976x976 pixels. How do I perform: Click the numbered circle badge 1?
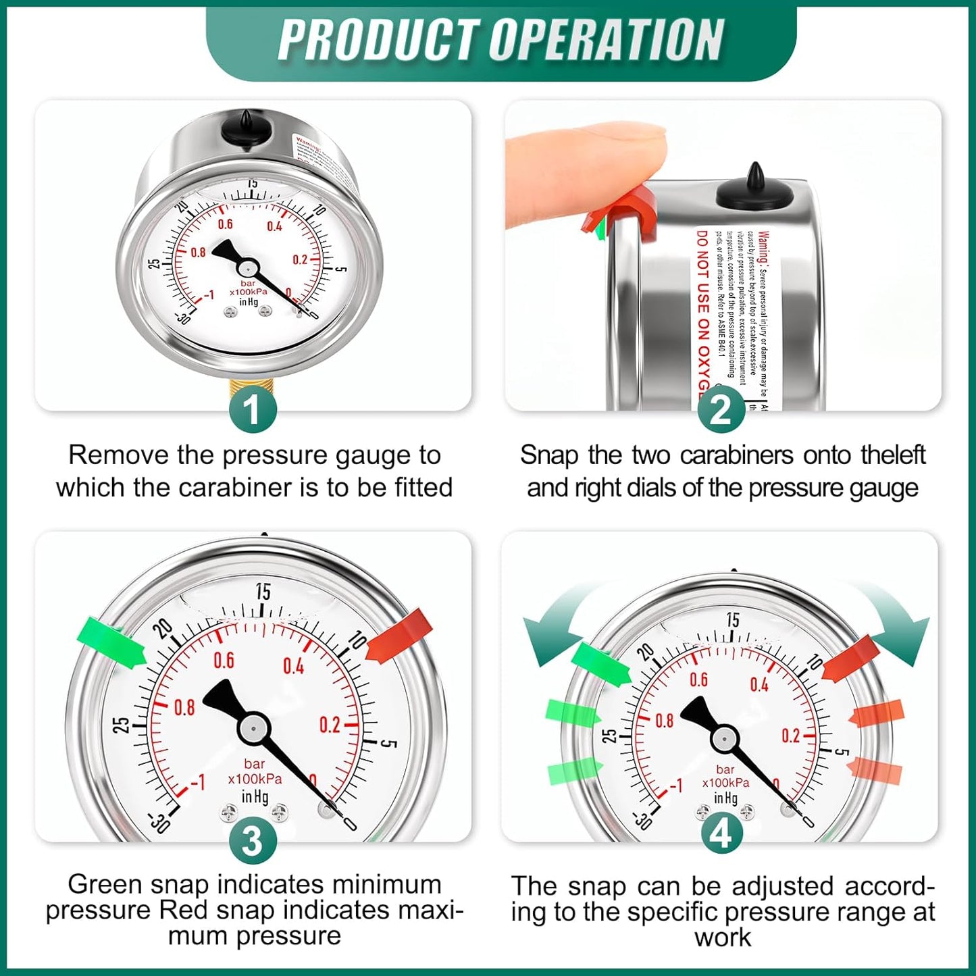click(x=253, y=409)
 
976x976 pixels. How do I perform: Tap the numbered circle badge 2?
click(x=721, y=409)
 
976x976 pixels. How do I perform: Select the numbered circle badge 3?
click(x=253, y=841)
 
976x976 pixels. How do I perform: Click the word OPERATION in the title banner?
click(x=606, y=40)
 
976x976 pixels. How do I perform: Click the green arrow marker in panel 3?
click(x=111, y=642)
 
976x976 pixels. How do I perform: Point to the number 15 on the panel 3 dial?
click(x=263, y=592)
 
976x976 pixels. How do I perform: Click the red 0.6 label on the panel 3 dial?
click(x=224, y=660)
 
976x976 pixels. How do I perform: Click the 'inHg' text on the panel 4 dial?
click(x=725, y=798)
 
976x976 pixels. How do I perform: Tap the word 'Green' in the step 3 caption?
click(x=105, y=884)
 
